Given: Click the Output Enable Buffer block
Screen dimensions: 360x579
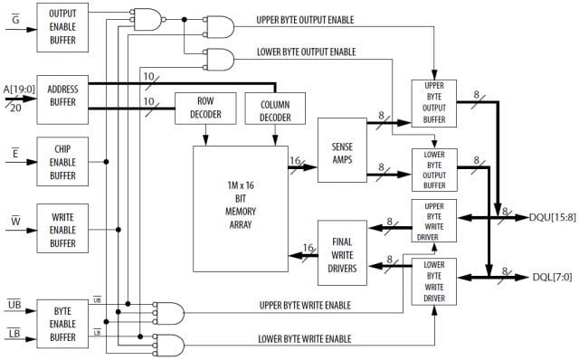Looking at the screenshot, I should pos(62,25).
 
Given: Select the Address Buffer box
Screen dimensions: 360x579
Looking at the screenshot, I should pos(62,99).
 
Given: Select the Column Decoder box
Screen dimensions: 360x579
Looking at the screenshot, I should pos(275,109).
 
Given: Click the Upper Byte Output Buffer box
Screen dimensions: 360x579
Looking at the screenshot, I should pos(433,103).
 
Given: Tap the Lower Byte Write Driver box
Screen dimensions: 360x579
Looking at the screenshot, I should pos(433,281).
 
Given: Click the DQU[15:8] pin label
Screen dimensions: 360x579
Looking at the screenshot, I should pos(544,217).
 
